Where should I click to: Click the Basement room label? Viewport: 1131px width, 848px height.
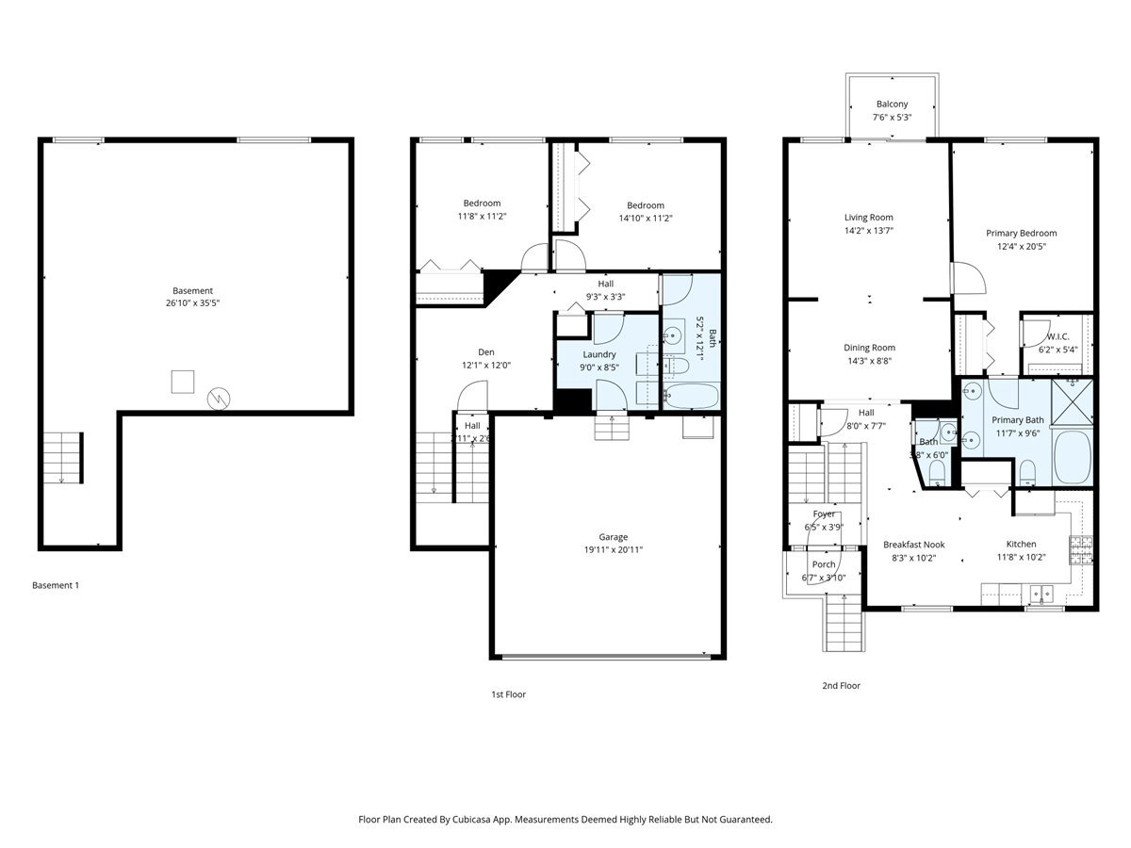click(192, 290)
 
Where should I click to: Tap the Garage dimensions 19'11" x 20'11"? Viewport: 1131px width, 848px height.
click(613, 550)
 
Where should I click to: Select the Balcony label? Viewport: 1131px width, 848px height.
click(892, 105)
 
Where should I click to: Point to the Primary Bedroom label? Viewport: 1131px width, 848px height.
click(1021, 234)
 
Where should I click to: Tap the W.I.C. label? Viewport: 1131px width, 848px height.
click(1057, 336)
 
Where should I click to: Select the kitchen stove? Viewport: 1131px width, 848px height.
click(1081, 547)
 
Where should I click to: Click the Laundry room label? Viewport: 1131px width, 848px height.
click(598, 354)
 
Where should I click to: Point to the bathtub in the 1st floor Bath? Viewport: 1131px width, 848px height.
click(692, 395)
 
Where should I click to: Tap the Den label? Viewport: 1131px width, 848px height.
click(485, 351)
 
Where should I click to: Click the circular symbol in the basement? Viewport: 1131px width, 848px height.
click(219, 399)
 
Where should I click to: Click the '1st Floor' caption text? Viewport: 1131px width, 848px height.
click(508, 694)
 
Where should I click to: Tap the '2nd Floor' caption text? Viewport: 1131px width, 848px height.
click(841, 686)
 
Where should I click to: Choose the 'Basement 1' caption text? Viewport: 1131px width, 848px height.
click(56, 585)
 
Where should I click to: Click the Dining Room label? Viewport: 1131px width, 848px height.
click(869, 348)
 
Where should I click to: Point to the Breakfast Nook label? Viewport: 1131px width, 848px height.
click(913, 545)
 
